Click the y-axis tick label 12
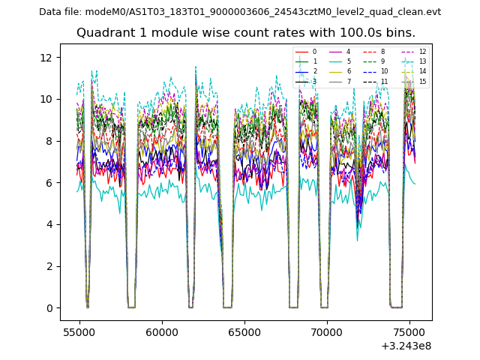[x=46, y=57]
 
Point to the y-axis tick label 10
[x=46, y=99]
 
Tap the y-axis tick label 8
[x=49, y=141]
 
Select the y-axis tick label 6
[x=49, y=182]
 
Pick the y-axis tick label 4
[x=49, y=224]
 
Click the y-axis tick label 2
[x=49, y=266]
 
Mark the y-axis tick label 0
[x=49, y=308]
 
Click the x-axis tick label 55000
[x=79, y=331]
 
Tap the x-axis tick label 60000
[x=162, y=331]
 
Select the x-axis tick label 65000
[x=244, y=331]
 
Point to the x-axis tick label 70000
[x=327, y=331]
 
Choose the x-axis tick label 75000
[x=409, y=331]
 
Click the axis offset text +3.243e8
[x=406, y=346]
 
